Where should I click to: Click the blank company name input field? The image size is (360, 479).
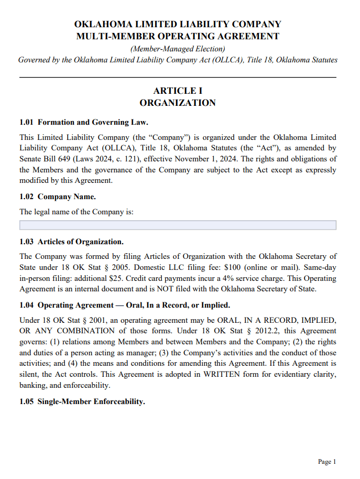178,225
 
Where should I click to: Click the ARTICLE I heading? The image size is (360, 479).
178,91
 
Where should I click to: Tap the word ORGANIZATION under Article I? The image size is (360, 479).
178,103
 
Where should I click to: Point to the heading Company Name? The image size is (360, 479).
67,197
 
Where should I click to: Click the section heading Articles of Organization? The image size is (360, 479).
81,242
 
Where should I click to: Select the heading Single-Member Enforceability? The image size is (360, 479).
91,402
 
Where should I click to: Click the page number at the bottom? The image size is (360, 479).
326,462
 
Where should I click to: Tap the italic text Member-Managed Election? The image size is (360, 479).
178,48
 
